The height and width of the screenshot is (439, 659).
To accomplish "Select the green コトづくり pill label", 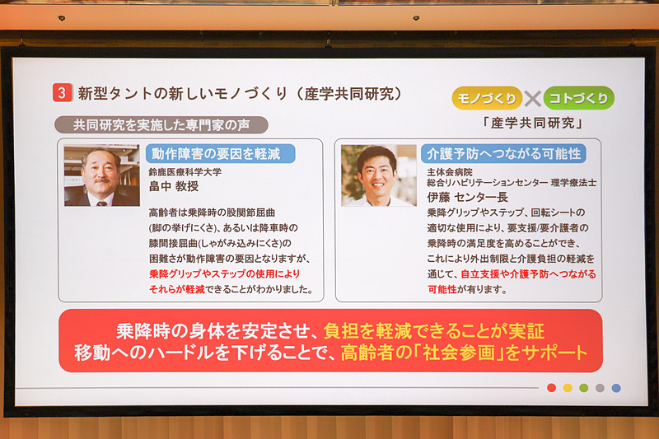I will pos(579,98).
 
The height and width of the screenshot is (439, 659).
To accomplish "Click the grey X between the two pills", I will pos(533,99).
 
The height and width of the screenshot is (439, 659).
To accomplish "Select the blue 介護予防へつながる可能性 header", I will pos(502,153).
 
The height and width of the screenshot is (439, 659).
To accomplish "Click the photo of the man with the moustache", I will pos(101,175).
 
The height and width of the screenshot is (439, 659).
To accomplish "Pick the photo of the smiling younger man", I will pos(378,175).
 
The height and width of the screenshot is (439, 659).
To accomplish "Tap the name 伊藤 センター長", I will pos(467,198).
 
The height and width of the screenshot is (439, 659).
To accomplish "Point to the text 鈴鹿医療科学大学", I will pos(185,173).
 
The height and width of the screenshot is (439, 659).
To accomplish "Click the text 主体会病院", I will pos(450,171).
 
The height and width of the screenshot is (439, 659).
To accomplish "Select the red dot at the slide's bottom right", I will pos(551,388).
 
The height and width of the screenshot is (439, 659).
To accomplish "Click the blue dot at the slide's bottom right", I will pos(616,388).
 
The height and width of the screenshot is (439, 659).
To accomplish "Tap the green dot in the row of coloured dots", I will pos(583,388).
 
